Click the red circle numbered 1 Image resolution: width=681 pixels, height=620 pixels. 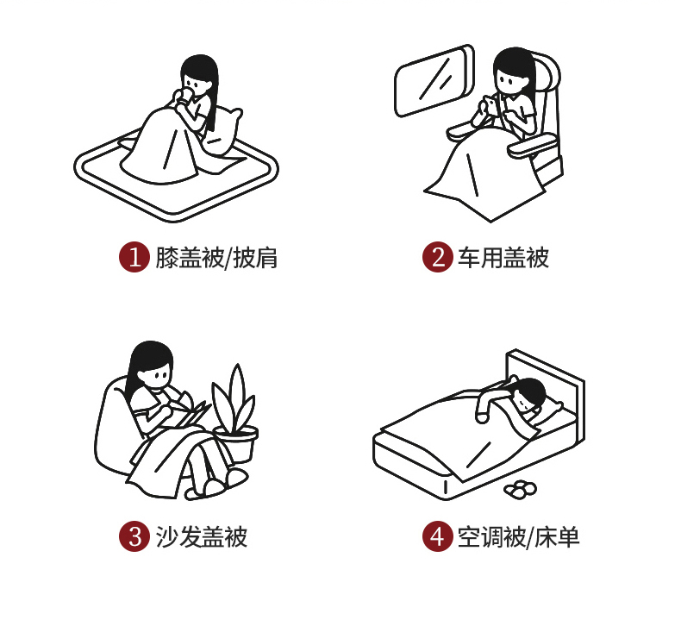pos(134,257)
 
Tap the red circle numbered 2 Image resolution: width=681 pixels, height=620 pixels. pos(438,257)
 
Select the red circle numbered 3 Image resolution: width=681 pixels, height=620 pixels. pos(134,536)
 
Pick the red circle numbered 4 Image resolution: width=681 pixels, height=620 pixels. pos(438,536)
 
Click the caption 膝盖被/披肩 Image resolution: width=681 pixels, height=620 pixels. pos(216,258)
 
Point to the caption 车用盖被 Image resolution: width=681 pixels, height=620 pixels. pos(503,257)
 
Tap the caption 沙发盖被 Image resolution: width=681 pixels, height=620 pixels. pos(202,536)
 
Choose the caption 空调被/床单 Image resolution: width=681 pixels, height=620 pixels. pos(519,537)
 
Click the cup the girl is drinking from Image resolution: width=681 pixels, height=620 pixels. pos(187,95)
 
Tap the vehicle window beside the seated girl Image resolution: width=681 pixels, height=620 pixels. pos(434,81)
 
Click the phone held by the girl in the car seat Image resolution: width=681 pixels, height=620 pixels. pos(490,105)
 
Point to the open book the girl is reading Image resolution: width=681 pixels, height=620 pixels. pos(192,413)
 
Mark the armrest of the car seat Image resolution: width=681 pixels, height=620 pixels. pos(533,145)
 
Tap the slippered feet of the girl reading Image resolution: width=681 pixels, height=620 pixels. pos(216,484)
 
